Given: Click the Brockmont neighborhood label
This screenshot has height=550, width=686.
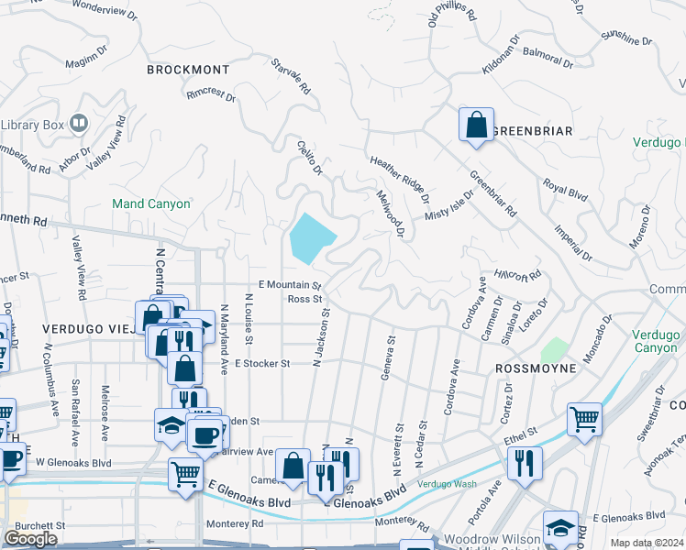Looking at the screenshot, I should (188, 69).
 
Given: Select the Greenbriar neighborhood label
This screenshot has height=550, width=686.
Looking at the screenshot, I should (533, 131).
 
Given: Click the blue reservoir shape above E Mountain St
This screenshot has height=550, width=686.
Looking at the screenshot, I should (310, 237).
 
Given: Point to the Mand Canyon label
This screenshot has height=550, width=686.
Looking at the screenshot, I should (150, 203).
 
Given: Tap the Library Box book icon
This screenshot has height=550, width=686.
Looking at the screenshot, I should (79, 123).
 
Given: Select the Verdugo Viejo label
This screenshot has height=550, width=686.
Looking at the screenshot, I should (87, 327).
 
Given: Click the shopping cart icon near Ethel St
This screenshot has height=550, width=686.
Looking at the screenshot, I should (584, 420).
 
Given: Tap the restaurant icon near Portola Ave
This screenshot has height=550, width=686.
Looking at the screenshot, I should (526, 461).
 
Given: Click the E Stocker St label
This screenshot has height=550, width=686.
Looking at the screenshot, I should (262, 363).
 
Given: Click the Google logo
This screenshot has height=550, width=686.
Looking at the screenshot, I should (30, 539).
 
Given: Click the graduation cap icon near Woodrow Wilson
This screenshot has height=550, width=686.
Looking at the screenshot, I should (560, 527).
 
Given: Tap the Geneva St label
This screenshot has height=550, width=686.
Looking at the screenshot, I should (390, 356).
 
